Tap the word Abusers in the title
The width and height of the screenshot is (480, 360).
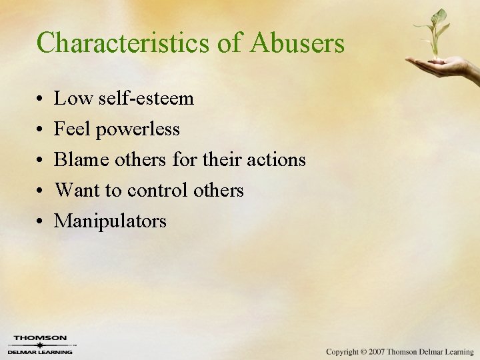pyautogui.click(x=297, y=43)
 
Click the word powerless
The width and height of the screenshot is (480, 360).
pyautogui.click(x=137, y=129)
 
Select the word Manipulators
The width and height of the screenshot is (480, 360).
pyautogui.click(x=110, y=221)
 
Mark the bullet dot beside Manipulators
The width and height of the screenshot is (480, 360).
pyautogui.click(x=41, y=222)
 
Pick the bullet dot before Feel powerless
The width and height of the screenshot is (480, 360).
pyautogui.click(x=41, y=130)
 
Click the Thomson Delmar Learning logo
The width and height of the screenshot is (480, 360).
pyautogui.click(x=41, y=345)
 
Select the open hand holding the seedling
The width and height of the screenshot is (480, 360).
pyautogui.click(x=443, y=66)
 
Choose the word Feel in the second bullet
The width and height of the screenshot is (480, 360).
pyautogui.click(x=72, y=129)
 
